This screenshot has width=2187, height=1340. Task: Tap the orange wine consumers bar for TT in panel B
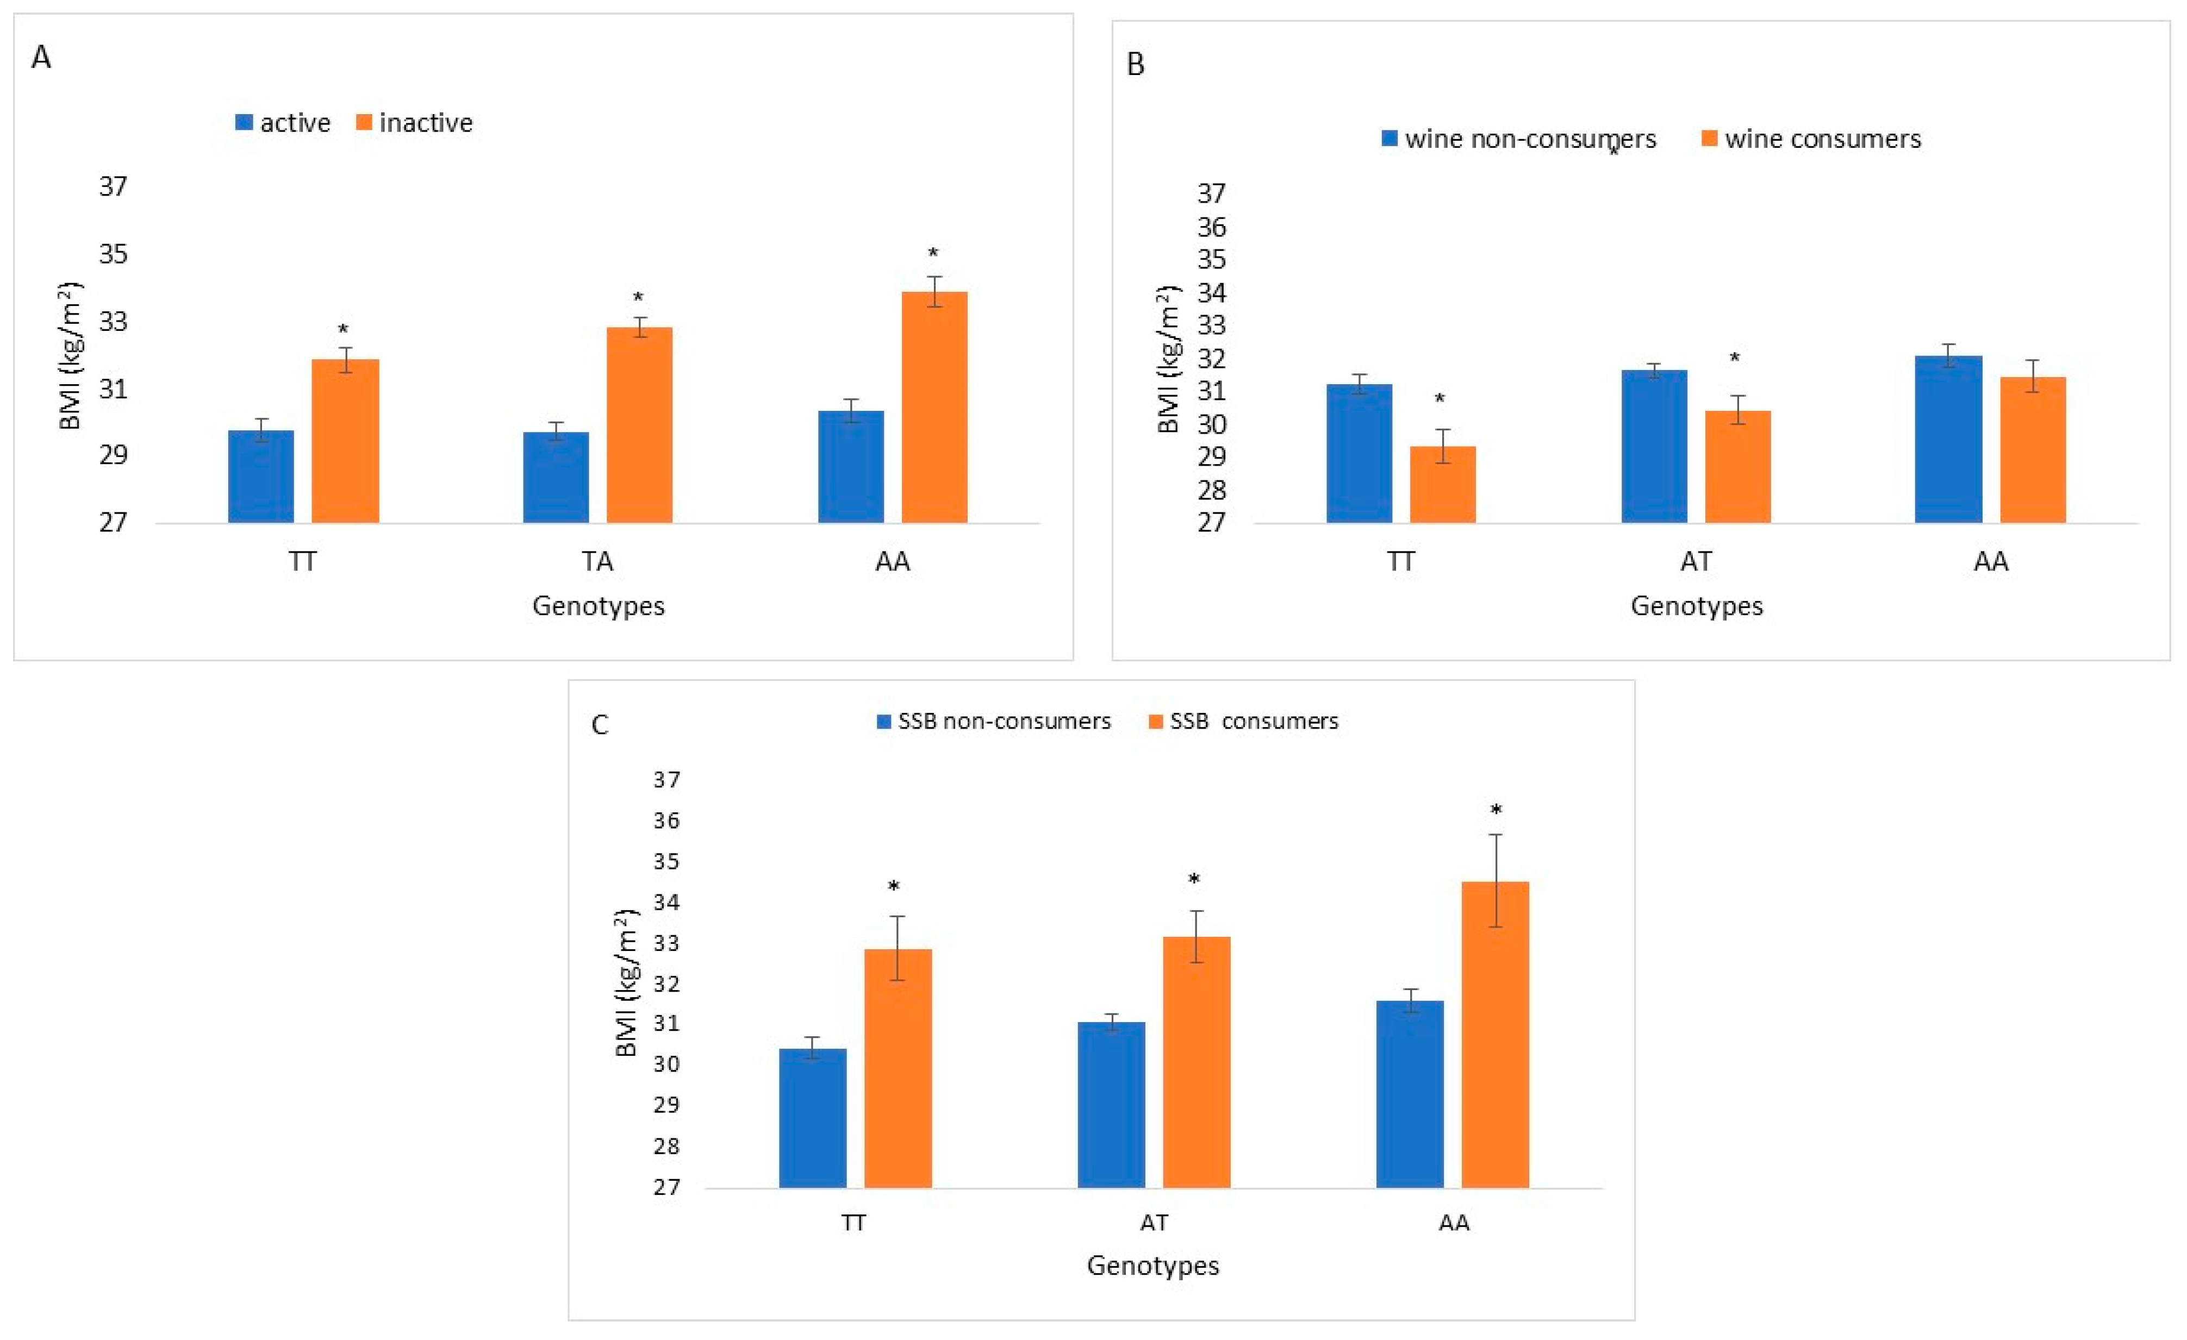point(1442,485)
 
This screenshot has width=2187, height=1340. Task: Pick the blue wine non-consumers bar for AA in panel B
point(1948,439)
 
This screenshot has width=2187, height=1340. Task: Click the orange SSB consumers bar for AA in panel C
point(1496,1035)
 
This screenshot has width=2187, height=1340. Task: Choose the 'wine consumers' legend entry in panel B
point(1811,139)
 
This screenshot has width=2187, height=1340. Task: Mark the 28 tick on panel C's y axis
point(666,1145)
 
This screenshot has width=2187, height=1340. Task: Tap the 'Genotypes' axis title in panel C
point(1153,1266)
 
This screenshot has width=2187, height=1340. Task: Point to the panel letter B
point(1135,64)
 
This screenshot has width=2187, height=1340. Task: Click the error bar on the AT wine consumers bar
point(1737,410)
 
